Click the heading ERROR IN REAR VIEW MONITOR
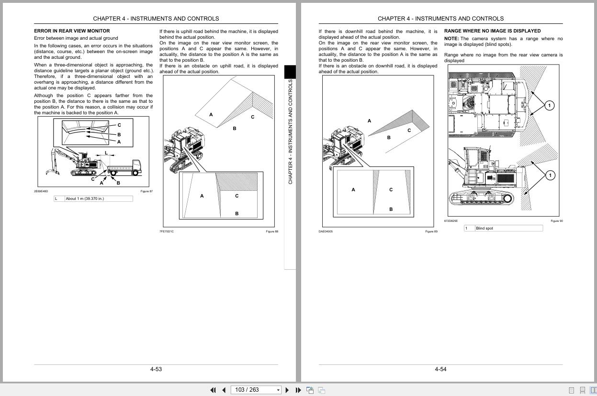72,31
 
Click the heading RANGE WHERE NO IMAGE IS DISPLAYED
485,31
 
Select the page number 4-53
156,369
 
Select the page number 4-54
440,369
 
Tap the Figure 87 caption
146,191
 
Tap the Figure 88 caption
272,231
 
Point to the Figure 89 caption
431,231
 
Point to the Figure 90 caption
557,221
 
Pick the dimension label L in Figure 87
106,153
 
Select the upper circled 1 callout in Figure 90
550,105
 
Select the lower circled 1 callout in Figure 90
550,176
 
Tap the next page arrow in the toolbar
287,390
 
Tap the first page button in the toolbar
213,390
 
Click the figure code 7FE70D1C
167,231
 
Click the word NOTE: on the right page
451,39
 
